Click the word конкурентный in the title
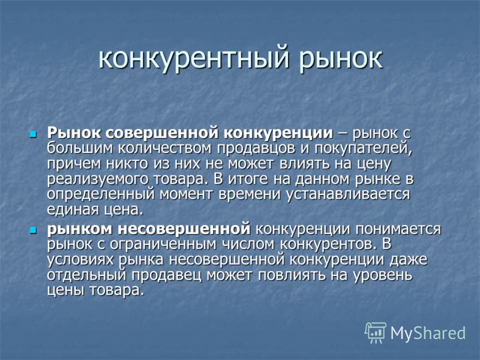pos(193,58)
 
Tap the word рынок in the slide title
pos(340,58)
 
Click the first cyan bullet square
pos(33,134)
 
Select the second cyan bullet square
pos(33,230)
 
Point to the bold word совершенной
pos(164,133)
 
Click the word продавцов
pos(257,149)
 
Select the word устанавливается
pos(348,194)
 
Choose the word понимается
pos(398,229)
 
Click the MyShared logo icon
pos(376,332)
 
